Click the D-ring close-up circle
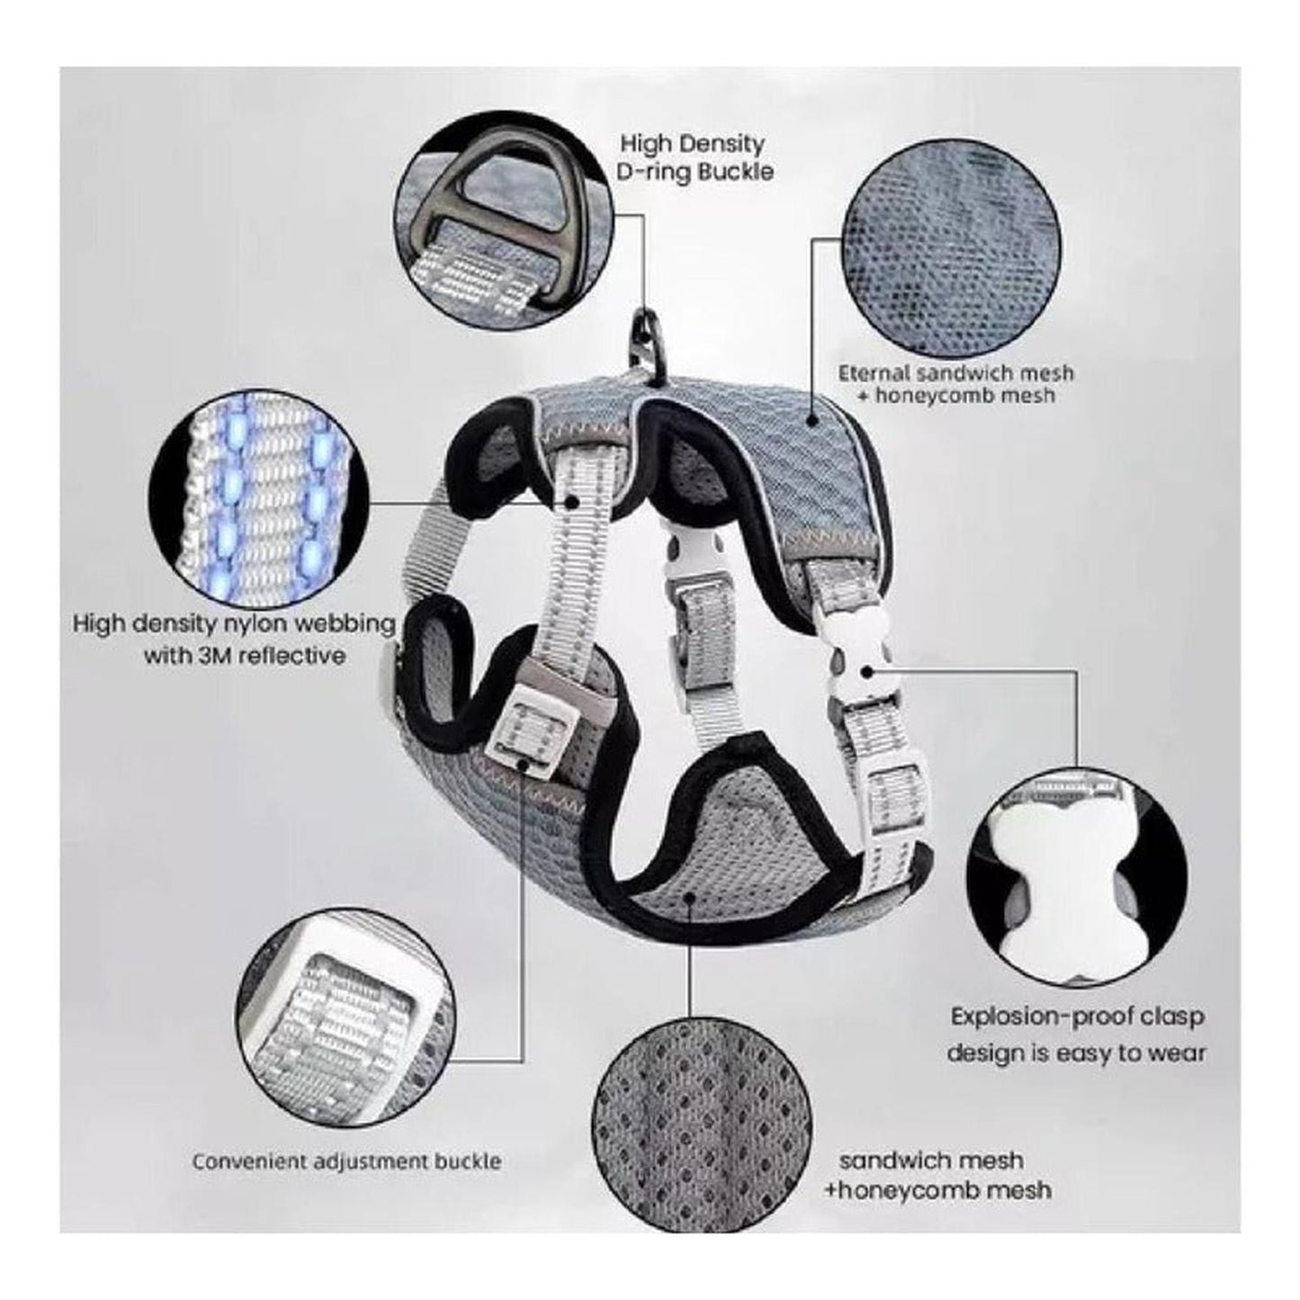(x=503, y=220)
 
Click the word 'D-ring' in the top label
(x=655, y=171)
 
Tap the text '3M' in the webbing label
(x=216, y=654)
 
